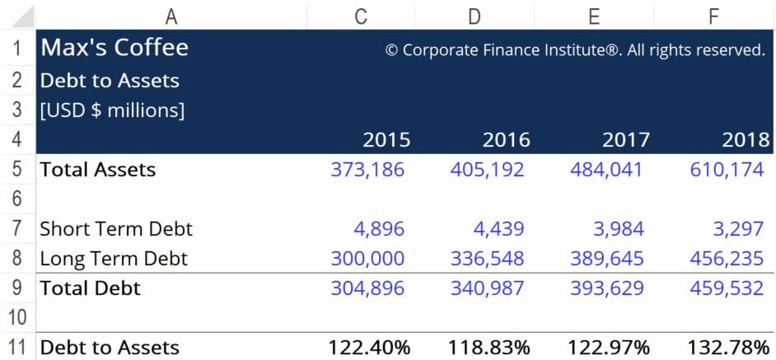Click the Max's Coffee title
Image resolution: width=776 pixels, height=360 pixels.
(115, 48)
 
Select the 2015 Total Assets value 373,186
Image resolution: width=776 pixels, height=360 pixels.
(367, 170)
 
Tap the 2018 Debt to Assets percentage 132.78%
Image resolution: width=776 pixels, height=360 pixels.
(728, 348)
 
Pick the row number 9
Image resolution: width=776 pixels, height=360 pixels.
(18, 288)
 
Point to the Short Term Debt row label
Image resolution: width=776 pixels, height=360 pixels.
(116, 228)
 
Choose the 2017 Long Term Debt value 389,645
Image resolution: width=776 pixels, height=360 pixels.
(607, 259)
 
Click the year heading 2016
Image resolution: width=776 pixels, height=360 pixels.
(505, 139)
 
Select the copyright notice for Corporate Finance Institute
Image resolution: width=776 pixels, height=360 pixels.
(575, 50)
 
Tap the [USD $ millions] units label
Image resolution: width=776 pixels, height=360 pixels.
(113, 110)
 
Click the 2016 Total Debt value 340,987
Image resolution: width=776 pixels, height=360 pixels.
(487, 288)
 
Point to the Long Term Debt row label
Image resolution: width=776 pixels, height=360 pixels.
(114, 259)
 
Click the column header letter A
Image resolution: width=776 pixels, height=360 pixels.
(171, 15)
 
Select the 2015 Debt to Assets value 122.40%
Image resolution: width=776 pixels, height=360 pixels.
(369, 348)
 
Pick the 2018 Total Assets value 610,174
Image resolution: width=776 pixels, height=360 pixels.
(727, 170)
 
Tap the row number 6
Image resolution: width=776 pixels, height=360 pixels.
(18, 199)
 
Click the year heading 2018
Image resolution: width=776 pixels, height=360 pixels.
(746, 139)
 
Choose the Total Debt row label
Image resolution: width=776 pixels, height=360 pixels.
(91, 288)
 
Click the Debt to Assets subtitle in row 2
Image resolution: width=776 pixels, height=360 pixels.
(110, 81)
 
